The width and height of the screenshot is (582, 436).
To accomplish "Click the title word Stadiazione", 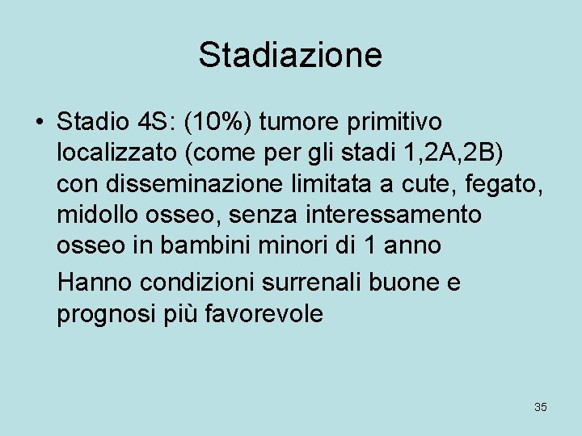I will (290, 55).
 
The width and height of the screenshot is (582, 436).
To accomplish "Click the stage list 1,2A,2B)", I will (472, 153).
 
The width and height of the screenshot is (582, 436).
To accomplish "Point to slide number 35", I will (541, 407).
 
